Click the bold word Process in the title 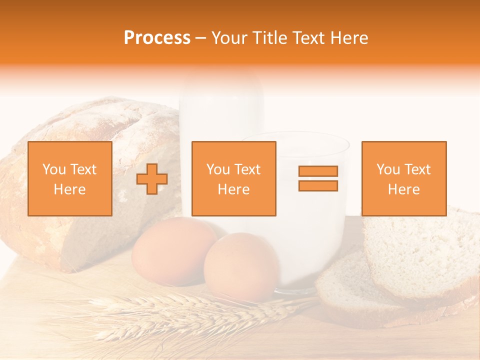pos(157,38)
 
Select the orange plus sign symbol pos(152,179)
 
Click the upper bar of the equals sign pos(318,171)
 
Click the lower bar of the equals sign pos(318,186)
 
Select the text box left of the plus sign pos(70,179)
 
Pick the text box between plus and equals pos(233,179)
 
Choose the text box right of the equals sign pos(403,179)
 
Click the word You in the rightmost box pos(387,169)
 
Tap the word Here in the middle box pos(233,189)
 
